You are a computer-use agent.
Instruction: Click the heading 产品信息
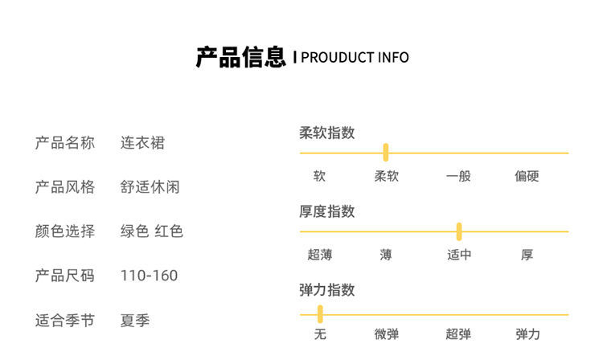point(240,57)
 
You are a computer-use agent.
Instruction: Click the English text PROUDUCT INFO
point(355,58)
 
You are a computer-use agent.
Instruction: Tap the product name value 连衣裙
point(142,143)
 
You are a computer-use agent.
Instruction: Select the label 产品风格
point(64,187)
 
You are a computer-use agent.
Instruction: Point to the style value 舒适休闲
point(150,187)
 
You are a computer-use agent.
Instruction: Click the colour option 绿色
point(134,231)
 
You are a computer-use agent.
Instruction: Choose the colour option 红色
point(169,231)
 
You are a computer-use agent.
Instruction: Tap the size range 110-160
point(150,276)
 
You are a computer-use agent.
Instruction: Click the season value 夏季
point(135,320)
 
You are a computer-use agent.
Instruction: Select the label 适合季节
point(64,320)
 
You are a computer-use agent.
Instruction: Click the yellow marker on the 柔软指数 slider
point(386,153)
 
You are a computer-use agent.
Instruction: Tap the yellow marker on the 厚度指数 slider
point(459,231)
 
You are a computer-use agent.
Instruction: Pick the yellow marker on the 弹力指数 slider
point(320,314)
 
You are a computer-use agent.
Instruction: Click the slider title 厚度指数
point(327,211)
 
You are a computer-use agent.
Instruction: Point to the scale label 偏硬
point(527,176)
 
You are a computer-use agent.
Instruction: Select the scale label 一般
point(458,176)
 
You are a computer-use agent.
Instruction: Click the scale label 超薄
point(320,255)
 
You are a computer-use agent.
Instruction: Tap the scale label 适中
point(459,255)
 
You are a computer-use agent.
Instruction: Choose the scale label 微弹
point(387,334)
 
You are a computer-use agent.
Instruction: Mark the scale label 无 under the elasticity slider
point(320,334)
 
